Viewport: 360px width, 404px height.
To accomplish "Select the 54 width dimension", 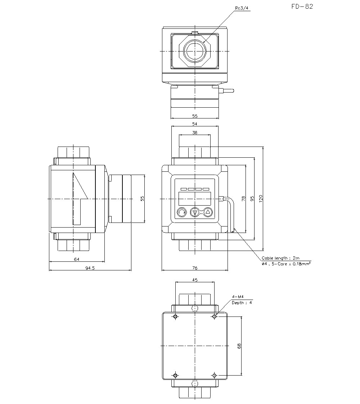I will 195,124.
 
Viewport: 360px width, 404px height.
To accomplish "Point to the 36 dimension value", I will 195,133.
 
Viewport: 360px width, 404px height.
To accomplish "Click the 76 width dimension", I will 195,268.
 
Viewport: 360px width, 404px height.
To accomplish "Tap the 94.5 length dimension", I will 90,268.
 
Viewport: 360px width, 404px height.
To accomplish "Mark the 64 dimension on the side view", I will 76,259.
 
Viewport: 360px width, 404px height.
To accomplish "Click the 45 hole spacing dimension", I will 195,279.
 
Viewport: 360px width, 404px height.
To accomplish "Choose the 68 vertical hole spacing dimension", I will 239,346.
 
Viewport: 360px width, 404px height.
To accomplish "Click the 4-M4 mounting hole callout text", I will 238,296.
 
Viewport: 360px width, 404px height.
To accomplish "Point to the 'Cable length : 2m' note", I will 280,258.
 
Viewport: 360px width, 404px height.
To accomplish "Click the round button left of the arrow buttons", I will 182,213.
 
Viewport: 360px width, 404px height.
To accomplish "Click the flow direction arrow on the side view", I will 79,198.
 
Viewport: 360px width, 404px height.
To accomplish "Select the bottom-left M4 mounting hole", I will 175,376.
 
